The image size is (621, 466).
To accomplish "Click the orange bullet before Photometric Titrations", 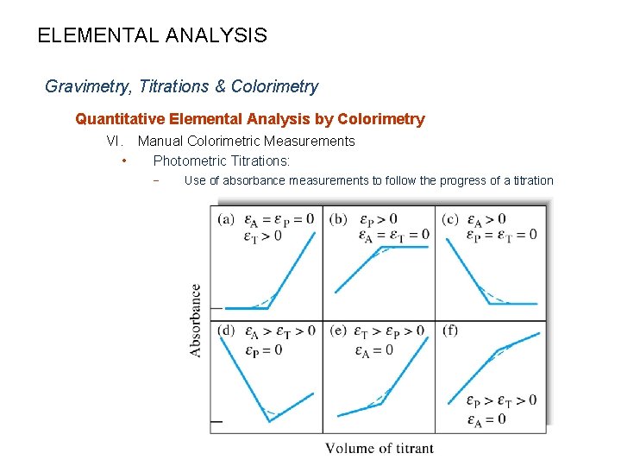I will pos(125,161).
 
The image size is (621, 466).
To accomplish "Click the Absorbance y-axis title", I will pos(197,319).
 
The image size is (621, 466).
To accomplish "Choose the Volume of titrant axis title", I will pos(379,448).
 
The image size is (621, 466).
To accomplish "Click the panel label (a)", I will pos(227,219).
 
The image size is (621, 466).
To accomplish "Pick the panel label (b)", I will pos(338,219).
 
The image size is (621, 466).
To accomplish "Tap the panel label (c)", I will pos(450,219).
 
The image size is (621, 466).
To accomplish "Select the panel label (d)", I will pos(227,331).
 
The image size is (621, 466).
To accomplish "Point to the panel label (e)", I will pos(338,331).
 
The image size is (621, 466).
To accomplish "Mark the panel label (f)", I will pos(449,331).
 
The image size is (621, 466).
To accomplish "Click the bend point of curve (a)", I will pos(269,307).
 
